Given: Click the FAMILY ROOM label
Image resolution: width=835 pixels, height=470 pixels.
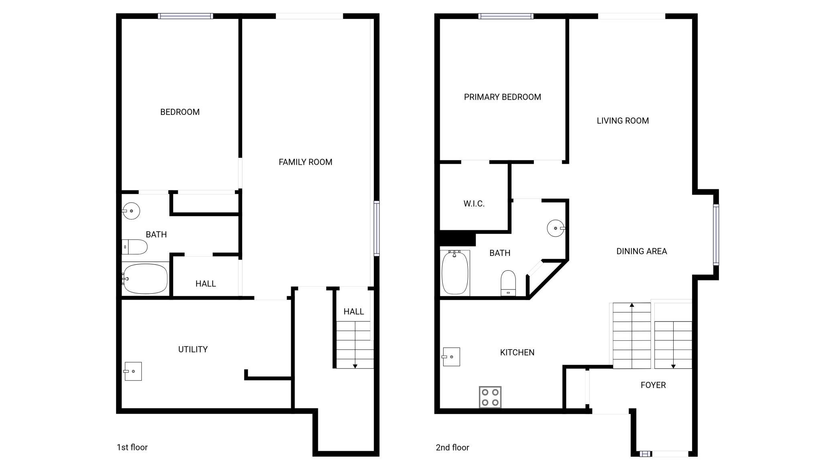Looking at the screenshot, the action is click(305, 162).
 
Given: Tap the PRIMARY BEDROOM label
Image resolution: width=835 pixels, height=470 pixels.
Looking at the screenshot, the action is click(502, 97).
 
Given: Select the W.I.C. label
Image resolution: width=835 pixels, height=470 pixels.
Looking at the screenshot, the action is click(474, 204).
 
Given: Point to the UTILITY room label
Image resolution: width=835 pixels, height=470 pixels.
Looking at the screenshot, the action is click(193, 349).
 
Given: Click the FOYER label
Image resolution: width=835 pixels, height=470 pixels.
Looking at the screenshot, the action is click(653, 385).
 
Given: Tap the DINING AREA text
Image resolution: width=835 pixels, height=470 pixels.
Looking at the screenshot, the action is click(642, 251).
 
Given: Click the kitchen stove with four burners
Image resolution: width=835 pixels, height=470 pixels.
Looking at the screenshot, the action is click(490, 397).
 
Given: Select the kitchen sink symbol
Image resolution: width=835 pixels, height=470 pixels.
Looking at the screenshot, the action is click(451, 357).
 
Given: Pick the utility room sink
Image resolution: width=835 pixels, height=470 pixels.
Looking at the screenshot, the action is click(132, 371).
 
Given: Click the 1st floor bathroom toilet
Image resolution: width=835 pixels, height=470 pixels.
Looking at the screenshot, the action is click(134, 247).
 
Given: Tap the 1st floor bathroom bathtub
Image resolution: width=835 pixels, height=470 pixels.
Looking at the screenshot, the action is click(145, 278).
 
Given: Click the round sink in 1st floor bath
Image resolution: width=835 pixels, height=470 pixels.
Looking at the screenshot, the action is click(131, 211).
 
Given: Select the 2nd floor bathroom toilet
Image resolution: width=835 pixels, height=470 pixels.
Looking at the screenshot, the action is click(508, 283).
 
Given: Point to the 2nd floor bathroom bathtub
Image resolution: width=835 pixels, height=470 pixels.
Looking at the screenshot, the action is click(455, 273).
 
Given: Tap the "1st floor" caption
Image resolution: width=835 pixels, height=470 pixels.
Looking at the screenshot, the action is click(132, 447).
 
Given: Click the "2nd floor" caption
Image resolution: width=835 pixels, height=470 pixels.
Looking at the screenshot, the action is click(452, 447).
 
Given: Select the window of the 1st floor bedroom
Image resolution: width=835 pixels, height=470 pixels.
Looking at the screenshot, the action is click(185, 16).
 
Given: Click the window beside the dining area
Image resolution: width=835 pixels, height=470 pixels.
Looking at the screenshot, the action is click(716, 235).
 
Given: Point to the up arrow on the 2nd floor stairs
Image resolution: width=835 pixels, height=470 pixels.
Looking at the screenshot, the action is click(632, 335).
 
